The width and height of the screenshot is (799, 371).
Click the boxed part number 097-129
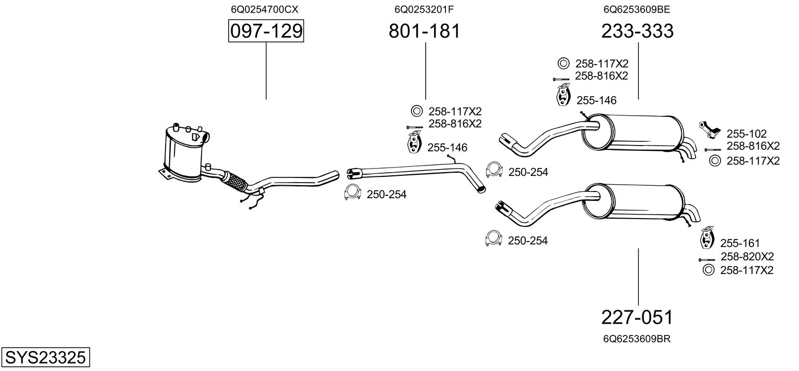266,31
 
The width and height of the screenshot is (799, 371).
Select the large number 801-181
425,31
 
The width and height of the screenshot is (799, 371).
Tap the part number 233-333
637,31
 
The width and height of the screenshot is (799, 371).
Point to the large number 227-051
637,317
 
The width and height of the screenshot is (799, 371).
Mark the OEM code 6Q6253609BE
636,9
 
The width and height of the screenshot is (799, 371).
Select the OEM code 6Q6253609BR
637,339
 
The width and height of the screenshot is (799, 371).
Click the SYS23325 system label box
45,358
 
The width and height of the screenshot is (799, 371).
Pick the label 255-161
739,243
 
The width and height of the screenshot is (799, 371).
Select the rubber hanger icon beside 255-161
707,238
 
